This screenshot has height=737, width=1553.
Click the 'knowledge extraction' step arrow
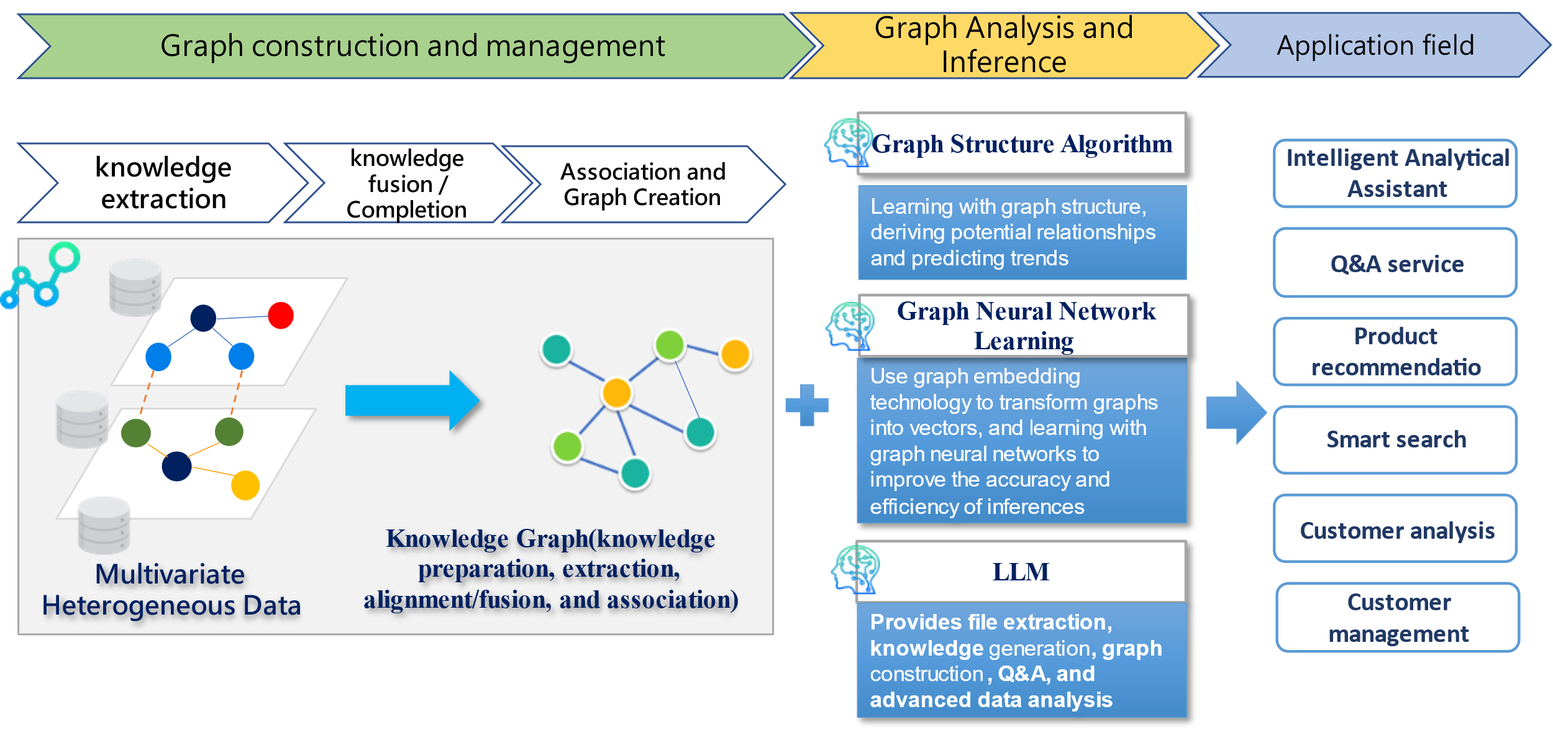pyautogui.click(x=163, y=183)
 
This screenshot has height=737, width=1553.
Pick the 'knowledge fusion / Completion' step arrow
pyautogui.click(x=408, y=183)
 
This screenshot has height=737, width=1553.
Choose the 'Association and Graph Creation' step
pyautogui.click(x=644, y=184)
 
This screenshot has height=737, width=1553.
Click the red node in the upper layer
pyautogui.click(x=281, y=315)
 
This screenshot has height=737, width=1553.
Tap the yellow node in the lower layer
pyautogui.click(x=245, y=485)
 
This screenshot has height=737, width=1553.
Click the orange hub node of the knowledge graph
pyautogui.click(x=617, y=393)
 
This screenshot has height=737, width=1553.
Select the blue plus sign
pyautogui.click(x=807, y=405)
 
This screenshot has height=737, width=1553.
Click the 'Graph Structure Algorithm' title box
pyautogui.click(x=1021, y=144)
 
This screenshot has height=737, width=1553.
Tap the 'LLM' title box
pyautogui.click(x=1021, y=572)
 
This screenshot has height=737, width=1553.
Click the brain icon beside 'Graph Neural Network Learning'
pyautogui.click(x=849, y=326)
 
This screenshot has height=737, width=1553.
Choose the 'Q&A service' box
pyautogui.click(x=1395, y=263)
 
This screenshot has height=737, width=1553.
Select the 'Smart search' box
pyautogui.click(x=1395, y=440)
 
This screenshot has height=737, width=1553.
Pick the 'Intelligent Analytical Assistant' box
pyautogui.click(x=1395, y=173)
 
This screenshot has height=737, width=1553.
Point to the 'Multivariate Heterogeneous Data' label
pyautogui.click(x=171, y=590)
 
